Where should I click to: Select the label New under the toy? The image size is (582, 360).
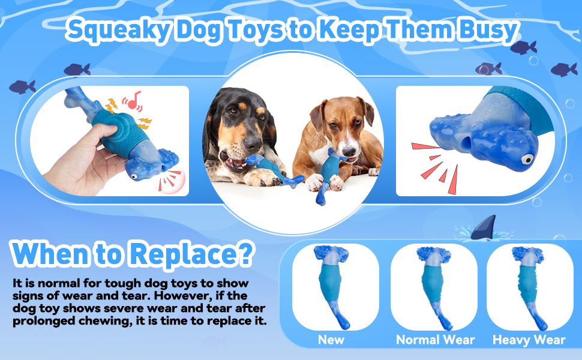point(331,340)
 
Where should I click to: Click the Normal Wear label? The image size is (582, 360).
point(435,340)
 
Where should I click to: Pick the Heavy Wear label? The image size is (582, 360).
point(529,340)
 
